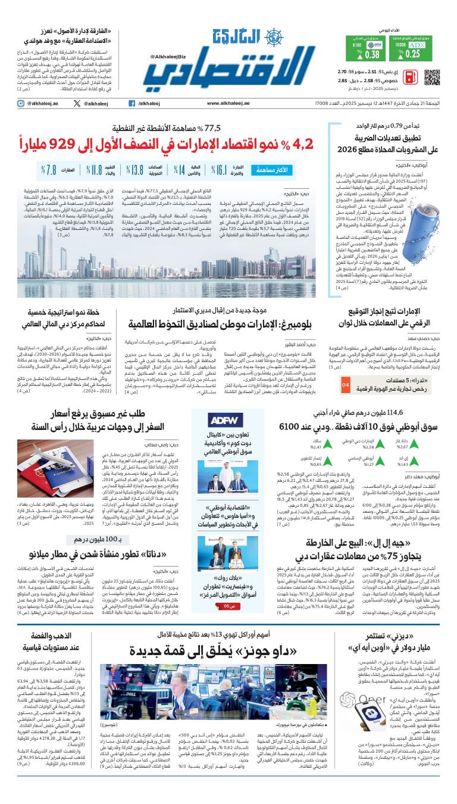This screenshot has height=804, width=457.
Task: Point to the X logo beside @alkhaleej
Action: [x=77, y=104]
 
